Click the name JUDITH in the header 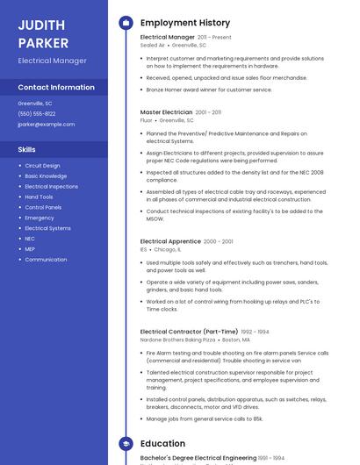tap(40, 25)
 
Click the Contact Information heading tap(56, 87)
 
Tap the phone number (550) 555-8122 tap(37, 113)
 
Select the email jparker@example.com tap(47, 124)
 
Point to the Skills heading tap(26, 149)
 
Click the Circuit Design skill tap(42, 165)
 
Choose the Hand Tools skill tap(39, 197)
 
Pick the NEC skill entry tap(30, 239)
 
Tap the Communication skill tap(46, 260)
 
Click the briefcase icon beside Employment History tap(126, 23)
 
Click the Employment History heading tap(185, 23)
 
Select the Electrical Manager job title tap(168, 37)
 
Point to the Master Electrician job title tap(166, 112)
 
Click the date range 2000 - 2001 tap(219, 241)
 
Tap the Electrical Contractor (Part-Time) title tap(189, 332)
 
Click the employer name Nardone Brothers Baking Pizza tap(177, 340)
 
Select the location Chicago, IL tap(168, 249)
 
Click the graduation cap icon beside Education tap(126, 444)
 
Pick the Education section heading tap(162, 444)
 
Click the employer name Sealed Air tap(154, 45)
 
